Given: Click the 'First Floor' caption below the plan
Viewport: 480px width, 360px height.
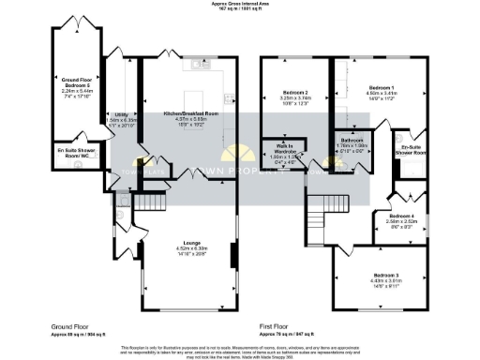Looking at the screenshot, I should click(277, 327).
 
